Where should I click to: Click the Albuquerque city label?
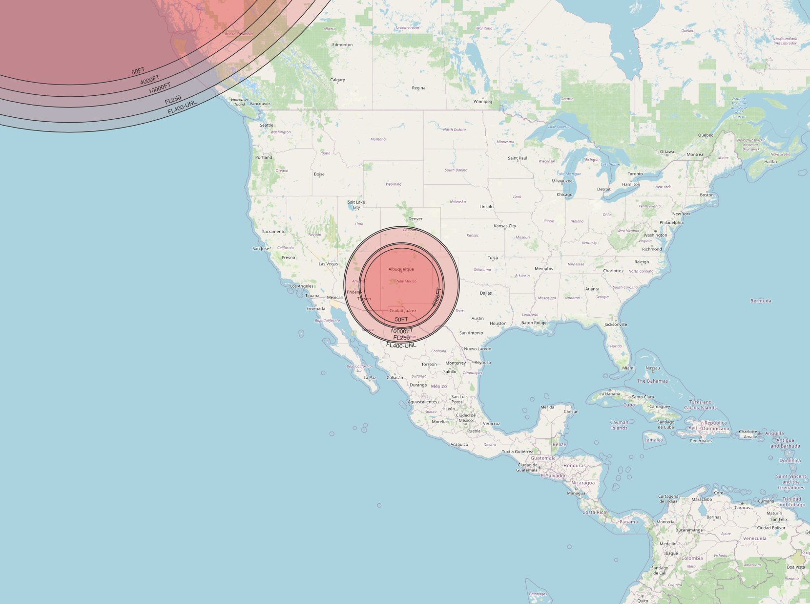click(x=401, y=269)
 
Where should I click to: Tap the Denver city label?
click(x=415, y=219)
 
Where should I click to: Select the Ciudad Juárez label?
click(x=403, y=311)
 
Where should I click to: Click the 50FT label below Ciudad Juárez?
click(x=401, y=320)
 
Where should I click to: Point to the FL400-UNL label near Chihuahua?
click(x=401, y=345)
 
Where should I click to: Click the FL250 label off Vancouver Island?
click(x=173, y=100)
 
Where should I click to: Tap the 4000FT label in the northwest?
click(x=150, y=80)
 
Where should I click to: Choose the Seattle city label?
click(x=267, y=125)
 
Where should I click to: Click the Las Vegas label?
click(x=328, y=264)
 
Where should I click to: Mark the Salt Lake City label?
click(x=356, y=205)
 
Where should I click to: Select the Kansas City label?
click(x=505, y=226)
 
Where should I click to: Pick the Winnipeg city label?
click(x=483, y=102)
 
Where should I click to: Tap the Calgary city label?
click(x=337, y=80)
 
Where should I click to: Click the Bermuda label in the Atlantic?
click(x=761, y=301)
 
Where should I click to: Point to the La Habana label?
click(x=609, y=394)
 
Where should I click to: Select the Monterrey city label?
click(x=456, y=363)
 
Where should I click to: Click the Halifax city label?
click(x=771, y=162)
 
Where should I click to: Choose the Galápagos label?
click(x=538, y=594)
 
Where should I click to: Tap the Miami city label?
click(x=628, y=368)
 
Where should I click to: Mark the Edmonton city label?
click(x=342, y=45)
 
